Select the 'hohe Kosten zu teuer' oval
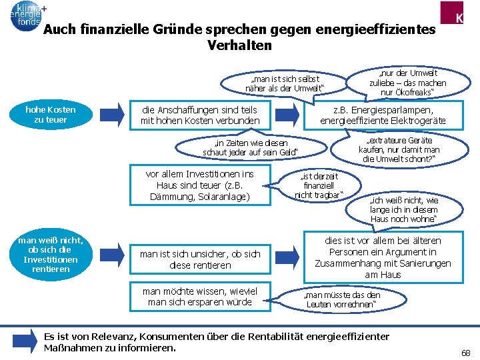click(x=51, y=114)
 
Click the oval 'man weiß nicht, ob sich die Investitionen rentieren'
click(x=51, y=254)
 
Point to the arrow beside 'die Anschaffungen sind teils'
click(x=115, y=114)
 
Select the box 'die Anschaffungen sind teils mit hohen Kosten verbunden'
click(x=199, y=115)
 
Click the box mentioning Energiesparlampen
click(x=383, y=115)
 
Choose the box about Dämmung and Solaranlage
click(x=199, y=185)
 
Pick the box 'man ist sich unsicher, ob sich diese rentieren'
click(x=199, y=259)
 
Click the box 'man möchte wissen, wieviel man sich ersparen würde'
click(x=199, y=296)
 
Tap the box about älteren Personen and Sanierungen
click(x=383, y=257)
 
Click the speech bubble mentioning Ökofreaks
click(x=407, y=81)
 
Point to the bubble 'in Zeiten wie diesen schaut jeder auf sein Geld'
click(x=251, y=147)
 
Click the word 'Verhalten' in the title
click(x=240, y=45)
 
